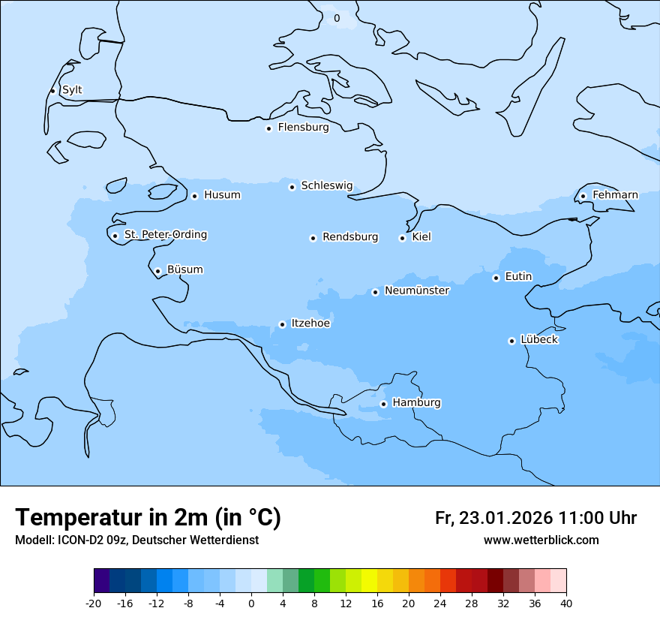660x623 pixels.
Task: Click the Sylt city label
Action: point(72,90)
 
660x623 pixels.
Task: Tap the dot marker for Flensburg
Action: point(268,128)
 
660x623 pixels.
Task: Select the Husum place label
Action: point(222,195)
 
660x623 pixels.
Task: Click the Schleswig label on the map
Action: point(326,185)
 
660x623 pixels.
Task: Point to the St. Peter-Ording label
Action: point(165,235)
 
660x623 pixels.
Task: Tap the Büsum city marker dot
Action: point(157,271)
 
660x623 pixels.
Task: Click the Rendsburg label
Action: point(350,237)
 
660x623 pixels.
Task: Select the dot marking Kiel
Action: point(402,238)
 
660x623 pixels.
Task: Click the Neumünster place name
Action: point(417,290)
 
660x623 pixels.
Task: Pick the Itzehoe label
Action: point(310,324)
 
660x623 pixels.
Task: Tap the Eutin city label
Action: point(518,277)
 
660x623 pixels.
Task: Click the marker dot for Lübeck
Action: point(511,341)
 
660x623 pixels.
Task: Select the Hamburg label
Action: point(416,403)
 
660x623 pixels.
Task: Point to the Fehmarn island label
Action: point(615,195)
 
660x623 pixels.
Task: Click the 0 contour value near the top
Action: point(336,18)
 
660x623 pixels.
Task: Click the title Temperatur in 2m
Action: point(148,517)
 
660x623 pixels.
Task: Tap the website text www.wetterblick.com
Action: point(541,540)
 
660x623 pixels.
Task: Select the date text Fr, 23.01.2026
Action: point(493,518)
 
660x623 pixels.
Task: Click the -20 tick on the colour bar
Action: point(94,603)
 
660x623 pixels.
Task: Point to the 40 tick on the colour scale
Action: point(566,603)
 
